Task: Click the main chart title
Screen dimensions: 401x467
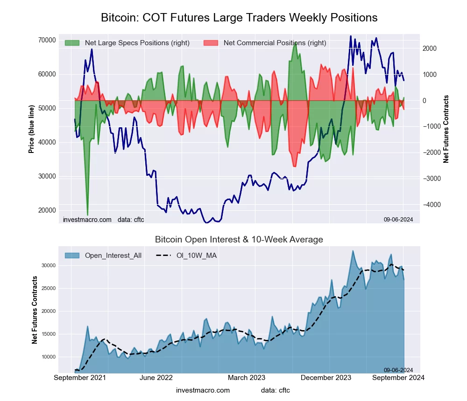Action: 239,18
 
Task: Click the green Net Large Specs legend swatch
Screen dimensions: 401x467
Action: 72,43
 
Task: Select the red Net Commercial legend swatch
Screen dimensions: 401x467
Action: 211,43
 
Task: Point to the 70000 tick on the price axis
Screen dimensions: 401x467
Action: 47,40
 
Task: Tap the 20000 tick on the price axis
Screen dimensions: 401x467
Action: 47,210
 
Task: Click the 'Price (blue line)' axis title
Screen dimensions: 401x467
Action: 31,129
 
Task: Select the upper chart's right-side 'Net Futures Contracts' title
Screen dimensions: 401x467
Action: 446,129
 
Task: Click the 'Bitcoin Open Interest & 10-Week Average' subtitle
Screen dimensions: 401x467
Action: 239,240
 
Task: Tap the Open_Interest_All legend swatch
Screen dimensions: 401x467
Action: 72,256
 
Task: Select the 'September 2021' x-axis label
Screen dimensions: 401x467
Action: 80,378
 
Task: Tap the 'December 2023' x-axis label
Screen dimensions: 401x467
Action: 330,378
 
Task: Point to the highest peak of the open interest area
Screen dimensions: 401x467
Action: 353,251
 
